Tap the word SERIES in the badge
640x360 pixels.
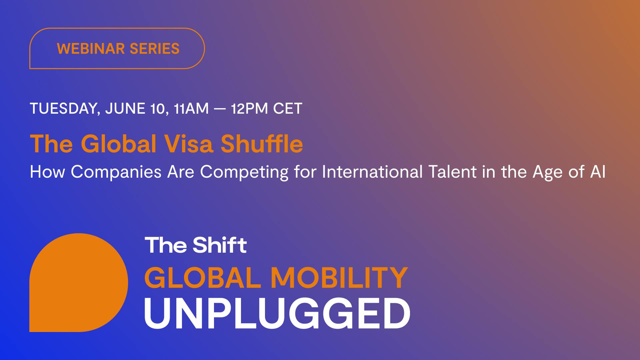155,49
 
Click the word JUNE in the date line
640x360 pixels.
125,109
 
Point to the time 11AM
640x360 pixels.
191,109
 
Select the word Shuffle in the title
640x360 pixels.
262,144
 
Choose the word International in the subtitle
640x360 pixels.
372,172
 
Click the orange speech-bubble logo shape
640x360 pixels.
79,283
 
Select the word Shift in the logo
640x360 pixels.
220,245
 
